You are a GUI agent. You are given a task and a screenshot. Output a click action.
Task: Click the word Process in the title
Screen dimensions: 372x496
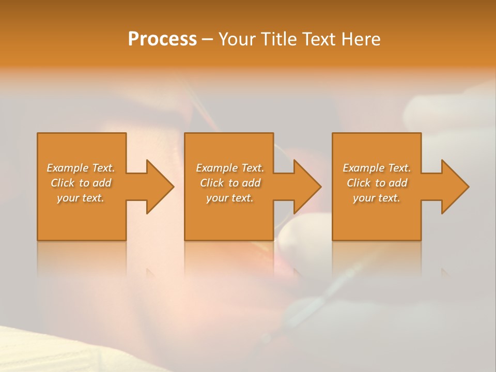162,39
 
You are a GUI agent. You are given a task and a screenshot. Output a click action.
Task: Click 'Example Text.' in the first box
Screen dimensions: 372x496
81,168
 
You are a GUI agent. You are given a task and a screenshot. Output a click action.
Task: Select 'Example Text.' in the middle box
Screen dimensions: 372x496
230,168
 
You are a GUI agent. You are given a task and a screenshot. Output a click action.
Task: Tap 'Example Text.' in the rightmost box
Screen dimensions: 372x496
377,168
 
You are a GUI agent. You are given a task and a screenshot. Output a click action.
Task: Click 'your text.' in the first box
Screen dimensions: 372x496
81,198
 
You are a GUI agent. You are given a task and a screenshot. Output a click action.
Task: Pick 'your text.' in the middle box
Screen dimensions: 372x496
230,198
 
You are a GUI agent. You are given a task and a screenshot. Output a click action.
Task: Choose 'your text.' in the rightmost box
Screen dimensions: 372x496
377,198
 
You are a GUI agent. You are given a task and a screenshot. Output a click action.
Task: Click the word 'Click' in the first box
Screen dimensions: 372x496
63,183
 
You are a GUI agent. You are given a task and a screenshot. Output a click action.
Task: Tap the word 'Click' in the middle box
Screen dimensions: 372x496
212,183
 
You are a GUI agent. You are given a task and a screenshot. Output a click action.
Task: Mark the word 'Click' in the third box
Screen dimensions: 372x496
359,183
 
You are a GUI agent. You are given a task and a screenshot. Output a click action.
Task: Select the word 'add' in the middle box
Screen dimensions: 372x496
251,183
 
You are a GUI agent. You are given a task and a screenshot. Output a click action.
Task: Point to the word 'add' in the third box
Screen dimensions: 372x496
398,183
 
